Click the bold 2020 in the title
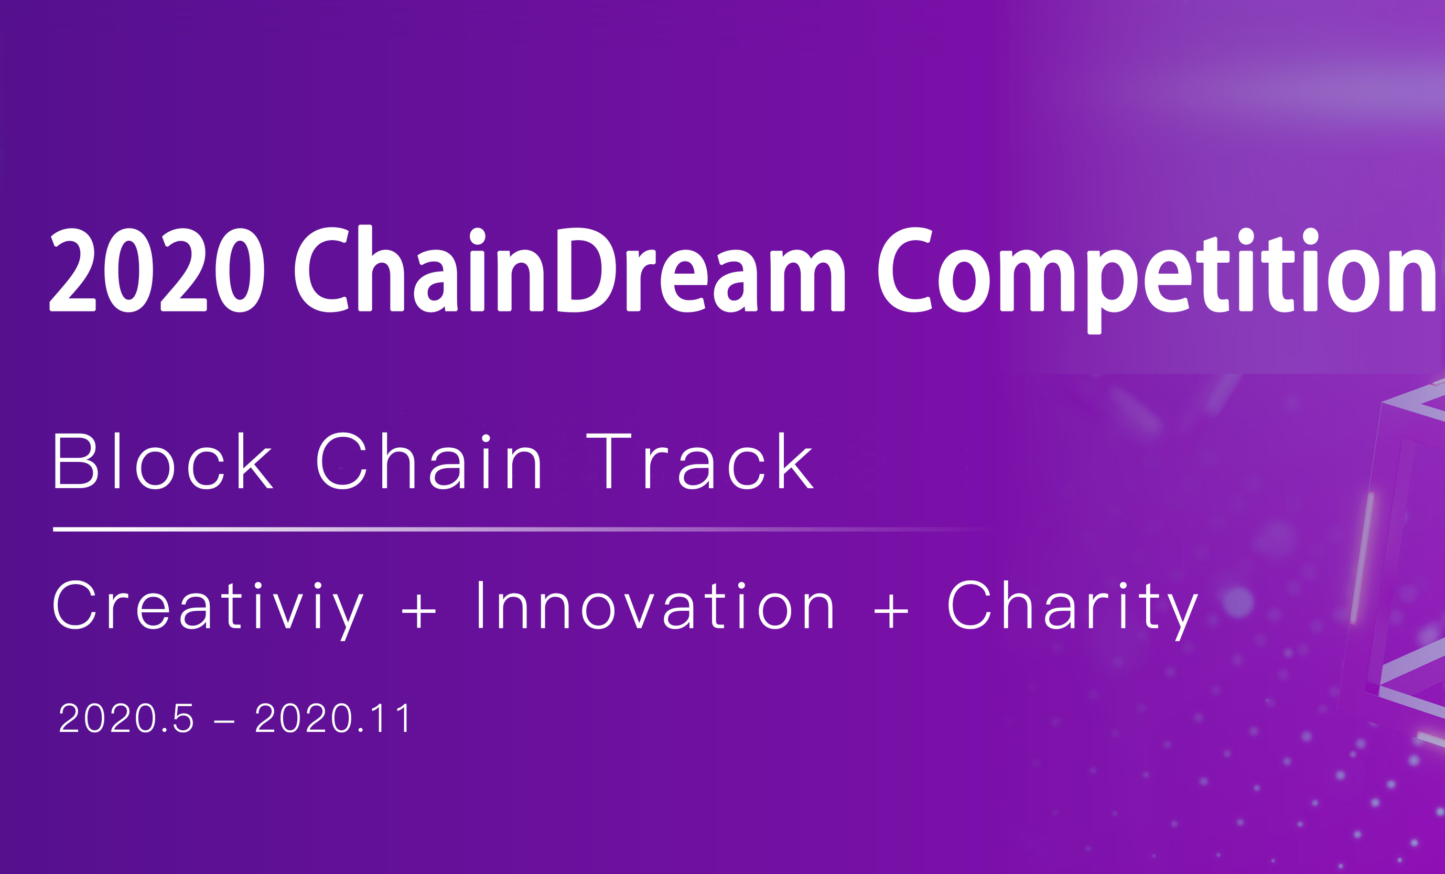tap(157, 270)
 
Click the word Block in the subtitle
tap(163, 461)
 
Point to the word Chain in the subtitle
tap(429, 461)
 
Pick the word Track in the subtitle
tap(700, 461)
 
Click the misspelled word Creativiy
tap(209, 610)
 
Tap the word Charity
tap(1073, 610)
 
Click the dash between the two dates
tap(224, 722)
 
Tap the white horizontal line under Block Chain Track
tap(522, 529)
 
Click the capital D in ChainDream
tap(585, 270)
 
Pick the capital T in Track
tap(609, 461)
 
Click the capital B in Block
tap(75, 461)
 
